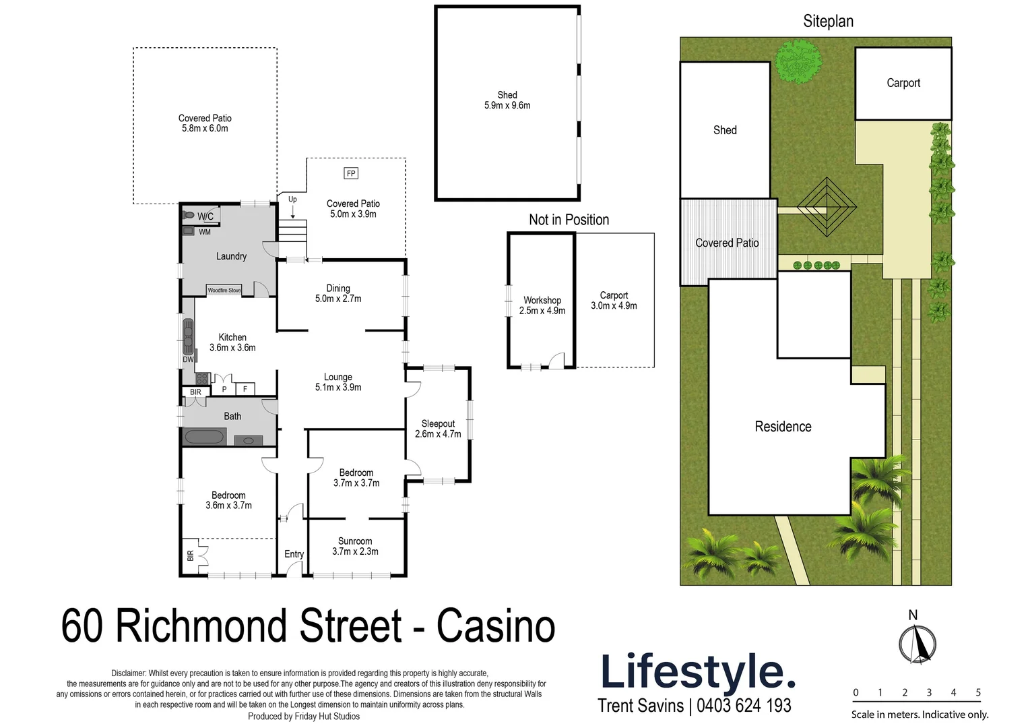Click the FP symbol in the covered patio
click(350, 173)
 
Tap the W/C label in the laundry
click(205, 216)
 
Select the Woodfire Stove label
click(224, 291)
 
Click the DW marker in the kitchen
click(188, 359)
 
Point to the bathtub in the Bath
click(204, 437)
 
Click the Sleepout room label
click(438, 423)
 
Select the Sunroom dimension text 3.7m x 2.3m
click(355, 551)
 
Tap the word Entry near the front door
click(294, 554)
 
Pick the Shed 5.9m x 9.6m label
click(507, 100)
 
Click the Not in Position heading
click(569, 220)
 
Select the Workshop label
click(542, 300)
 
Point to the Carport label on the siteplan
click(903, 83)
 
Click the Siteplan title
click(828, 21)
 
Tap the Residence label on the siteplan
click(783, 427)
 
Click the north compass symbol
click(918, 644)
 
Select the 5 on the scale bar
click(978, 692)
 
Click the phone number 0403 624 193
click(744, 706)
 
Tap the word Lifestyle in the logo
click(697, 672)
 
